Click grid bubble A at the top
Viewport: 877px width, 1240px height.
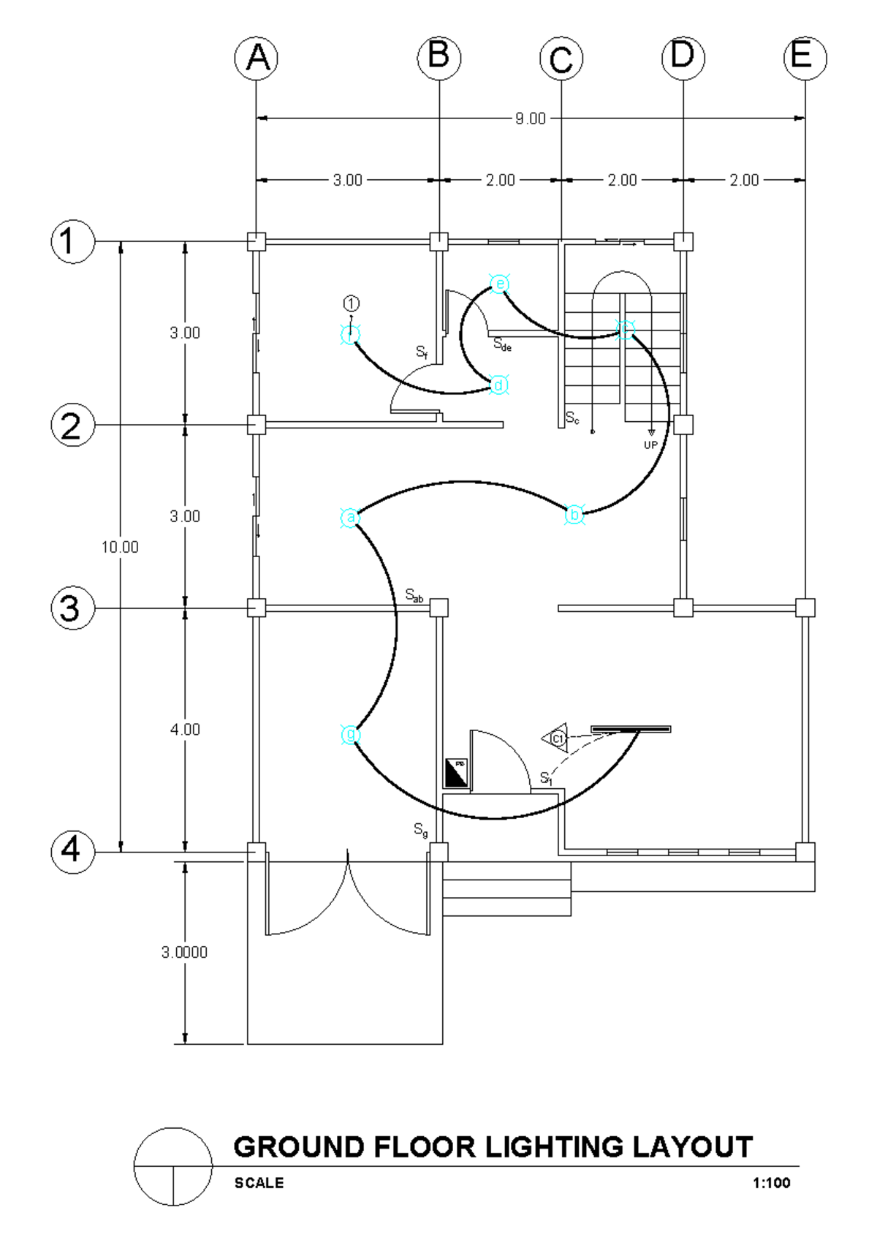pyautogui.click(x=257, y=58)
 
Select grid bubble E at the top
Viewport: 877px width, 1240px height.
pyautogui.click(x=805, y=58)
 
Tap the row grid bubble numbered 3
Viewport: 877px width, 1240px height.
pyautogui.click(x=72, y=608)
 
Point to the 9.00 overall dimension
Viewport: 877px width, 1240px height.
pyautogui.click(x=530, y=118)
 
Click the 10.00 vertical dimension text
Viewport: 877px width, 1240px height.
pyautogui.click(x=120, y=547)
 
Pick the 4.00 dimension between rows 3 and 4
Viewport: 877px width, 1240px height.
pyautogui.click(x=185, y=730)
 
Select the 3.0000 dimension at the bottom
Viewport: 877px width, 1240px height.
pyautogui.click(x=184, y=952)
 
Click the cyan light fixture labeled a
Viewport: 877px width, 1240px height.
pyautogui.click(x=351, y=518)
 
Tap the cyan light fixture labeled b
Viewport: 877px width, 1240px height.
pyautogui.click(x=575, y=515)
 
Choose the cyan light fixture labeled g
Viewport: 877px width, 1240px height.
pyautogui.click(x=351, y=734)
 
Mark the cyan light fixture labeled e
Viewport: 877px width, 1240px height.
pyautogui.click(x=499, y=284)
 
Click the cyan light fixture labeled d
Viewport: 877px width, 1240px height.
pyautogui.click(x=498, y=385)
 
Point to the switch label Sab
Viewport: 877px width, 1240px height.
pyautogui.click(x=414, y=595)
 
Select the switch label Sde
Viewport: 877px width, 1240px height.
pyautogui.click(x=502, y=344)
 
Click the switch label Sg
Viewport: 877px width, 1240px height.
pyautogui.click(x=421, y=830)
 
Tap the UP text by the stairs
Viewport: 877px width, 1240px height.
pyautogui.click(x=650, y=445)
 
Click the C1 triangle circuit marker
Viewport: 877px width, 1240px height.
pyautogui.click(x=556, y=738)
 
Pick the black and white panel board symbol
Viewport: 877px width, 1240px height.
pyautogui.click(x=456, y=773)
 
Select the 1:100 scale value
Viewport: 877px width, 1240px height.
pyautogui.click(x=771, y=1183)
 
